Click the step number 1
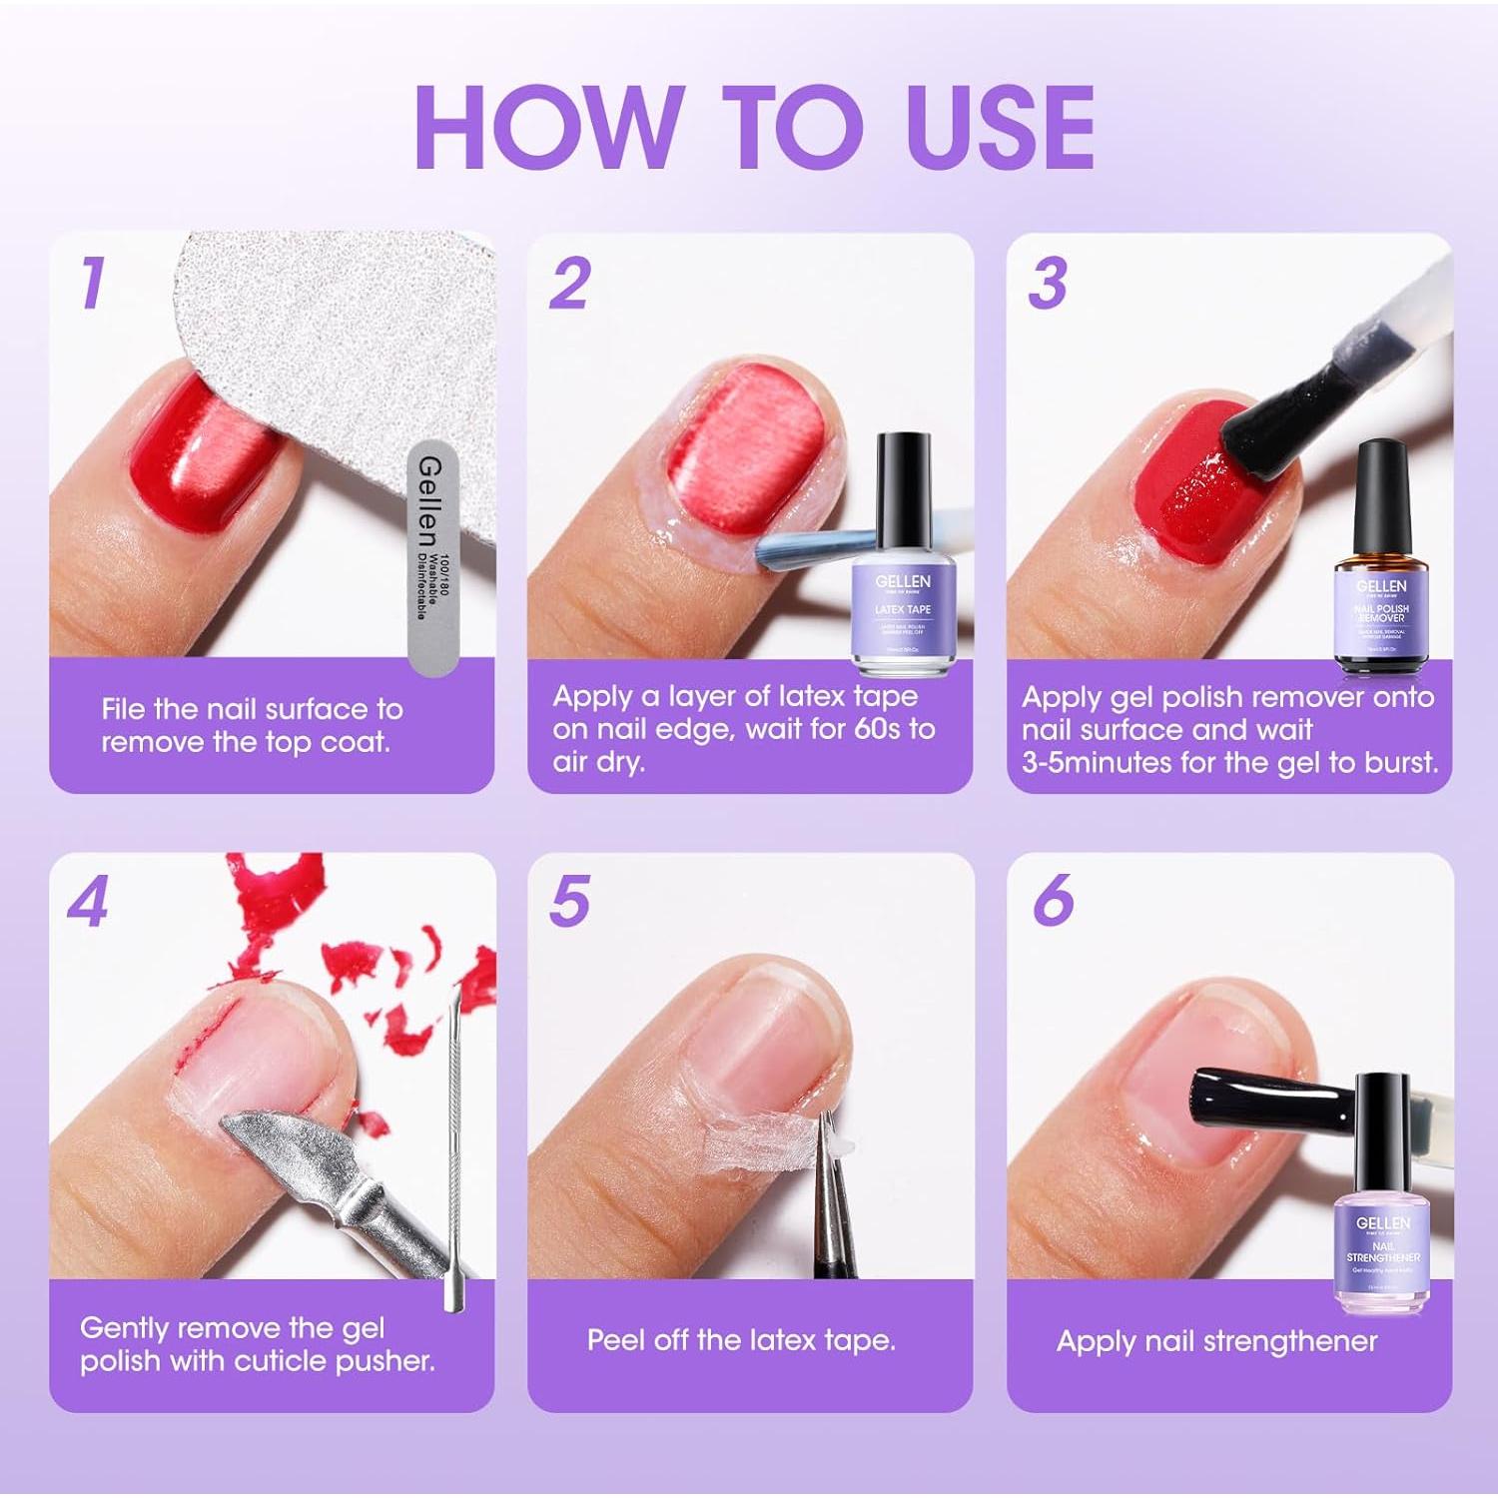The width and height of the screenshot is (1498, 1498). click(93, 283)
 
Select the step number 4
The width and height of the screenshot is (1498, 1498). click(88, 903)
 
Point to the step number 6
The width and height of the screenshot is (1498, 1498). click(1053, 901)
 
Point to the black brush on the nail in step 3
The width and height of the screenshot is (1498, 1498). click(1263, 429)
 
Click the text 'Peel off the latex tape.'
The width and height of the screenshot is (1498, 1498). click(741, 1340)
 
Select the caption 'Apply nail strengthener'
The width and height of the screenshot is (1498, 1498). click(1216, 1341)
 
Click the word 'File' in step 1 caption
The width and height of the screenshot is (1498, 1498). click(127, 709)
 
